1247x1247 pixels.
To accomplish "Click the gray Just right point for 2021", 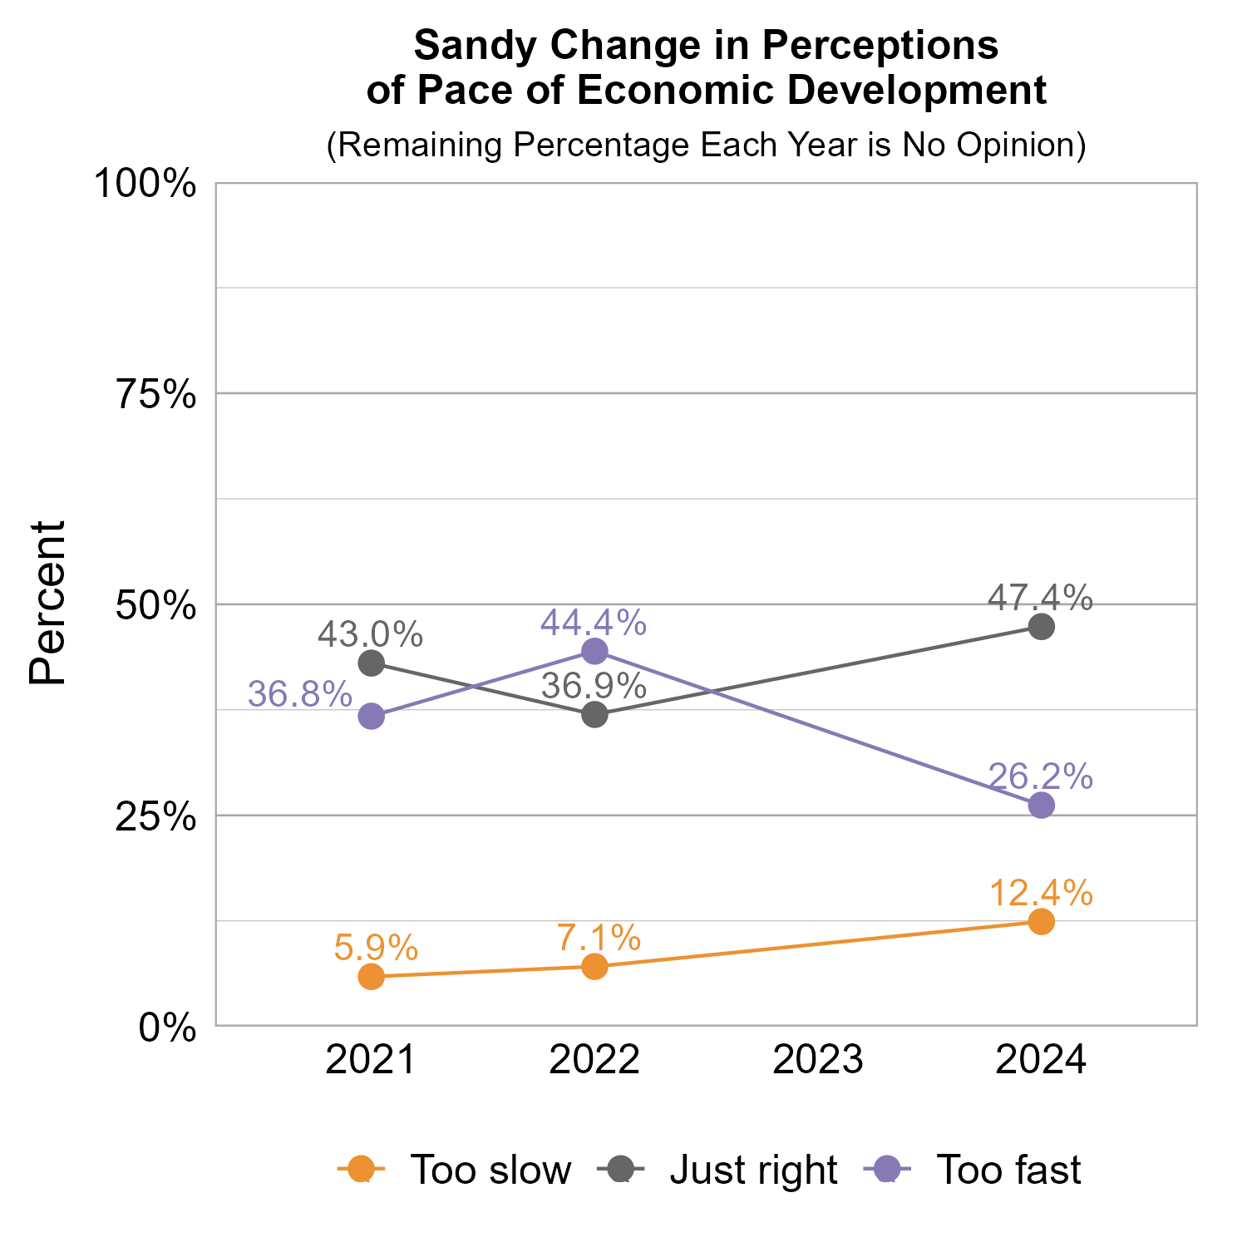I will [371, 663].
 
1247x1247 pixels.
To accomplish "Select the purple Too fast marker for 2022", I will [594, 651].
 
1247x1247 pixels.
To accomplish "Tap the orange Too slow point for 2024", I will [1041, 921].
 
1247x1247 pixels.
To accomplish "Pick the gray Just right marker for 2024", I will [1041, 626].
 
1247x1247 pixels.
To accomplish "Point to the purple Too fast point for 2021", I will [371, 716].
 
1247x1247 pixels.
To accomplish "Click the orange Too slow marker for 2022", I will [594, 966].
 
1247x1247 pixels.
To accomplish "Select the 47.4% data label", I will [1040, 598].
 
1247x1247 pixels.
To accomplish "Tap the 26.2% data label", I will [1040, 776].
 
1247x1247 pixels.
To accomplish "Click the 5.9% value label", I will [376, 947].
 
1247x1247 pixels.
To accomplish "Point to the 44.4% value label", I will [594, 623].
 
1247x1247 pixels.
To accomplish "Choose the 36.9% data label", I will [594, 687].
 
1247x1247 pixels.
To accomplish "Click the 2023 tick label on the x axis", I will [818, 1061].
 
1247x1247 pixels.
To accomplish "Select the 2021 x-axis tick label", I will [371, 1061].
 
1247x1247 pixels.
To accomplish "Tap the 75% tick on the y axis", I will [156, 395].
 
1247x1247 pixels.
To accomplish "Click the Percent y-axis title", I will [47, 604].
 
